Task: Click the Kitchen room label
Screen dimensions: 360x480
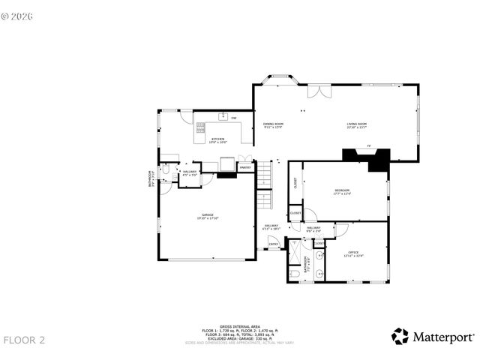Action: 217,139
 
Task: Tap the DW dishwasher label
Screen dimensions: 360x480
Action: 234,118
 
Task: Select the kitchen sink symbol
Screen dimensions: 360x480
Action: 223,116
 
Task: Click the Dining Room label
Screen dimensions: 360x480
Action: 273,125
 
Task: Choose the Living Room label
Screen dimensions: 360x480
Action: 355,125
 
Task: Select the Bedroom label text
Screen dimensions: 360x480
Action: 342,192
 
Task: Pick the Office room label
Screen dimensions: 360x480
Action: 353,253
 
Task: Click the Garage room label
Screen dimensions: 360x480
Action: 207,216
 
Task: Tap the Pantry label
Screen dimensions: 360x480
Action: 245,167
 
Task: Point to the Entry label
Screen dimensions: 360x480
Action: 274,243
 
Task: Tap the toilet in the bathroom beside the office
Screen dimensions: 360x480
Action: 295,275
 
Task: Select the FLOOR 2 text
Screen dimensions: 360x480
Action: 25,340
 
